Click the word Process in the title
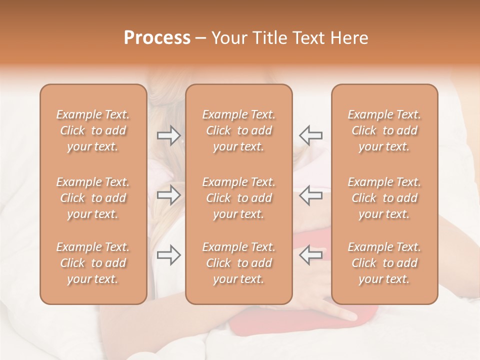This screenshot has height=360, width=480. pos(157,38)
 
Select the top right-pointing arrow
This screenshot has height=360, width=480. pos(169,135)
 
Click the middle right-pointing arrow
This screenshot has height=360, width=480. pos(169,195)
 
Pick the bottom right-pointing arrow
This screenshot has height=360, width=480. pos(169,255)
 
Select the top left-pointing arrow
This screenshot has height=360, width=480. pos(310,135)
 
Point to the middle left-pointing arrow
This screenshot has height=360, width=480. pos(310,195)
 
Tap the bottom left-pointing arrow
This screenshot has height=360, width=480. pos(310,255)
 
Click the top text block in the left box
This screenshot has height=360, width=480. pos(93,130)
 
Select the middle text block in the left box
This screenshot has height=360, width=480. pos(93,198)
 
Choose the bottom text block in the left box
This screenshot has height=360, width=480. pos(93,263)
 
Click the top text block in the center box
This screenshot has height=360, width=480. pos(239,130)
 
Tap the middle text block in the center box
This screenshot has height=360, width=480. pos(239,198)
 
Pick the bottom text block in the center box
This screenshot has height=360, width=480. pos(239,263)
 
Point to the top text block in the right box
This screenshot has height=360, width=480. pos(384,130)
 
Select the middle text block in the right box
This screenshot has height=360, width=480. pos(384,198)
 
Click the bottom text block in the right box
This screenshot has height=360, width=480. pos(384,263)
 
